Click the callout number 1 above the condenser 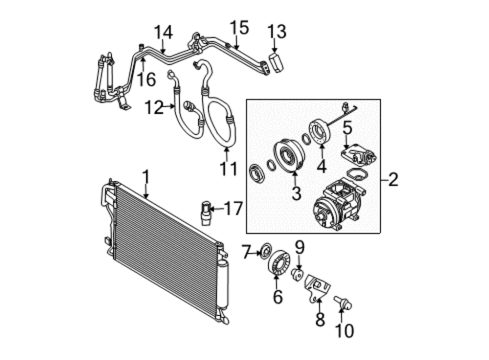146,178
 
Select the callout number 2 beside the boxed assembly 393,179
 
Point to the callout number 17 234,208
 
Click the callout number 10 344,331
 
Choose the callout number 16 147,79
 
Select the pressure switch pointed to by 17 205,213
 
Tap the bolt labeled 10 343,303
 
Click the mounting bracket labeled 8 317,288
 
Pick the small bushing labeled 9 297,275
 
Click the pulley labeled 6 279,262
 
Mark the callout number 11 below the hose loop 229,169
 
